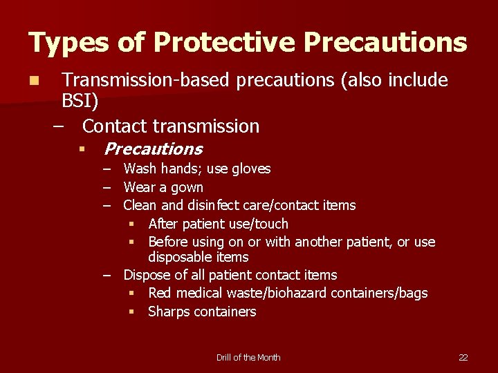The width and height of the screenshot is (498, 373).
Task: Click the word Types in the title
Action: (68, 44)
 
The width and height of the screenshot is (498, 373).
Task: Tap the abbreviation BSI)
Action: (80, 102)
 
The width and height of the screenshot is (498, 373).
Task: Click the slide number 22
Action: (463, 357)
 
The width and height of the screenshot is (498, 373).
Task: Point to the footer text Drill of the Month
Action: (248, 357)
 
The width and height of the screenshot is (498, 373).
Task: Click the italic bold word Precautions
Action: (153, 149)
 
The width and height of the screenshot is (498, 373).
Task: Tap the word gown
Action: (187, 187)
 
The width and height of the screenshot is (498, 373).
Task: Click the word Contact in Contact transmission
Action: (114, 126)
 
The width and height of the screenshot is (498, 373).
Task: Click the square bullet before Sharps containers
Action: (131, 312)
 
